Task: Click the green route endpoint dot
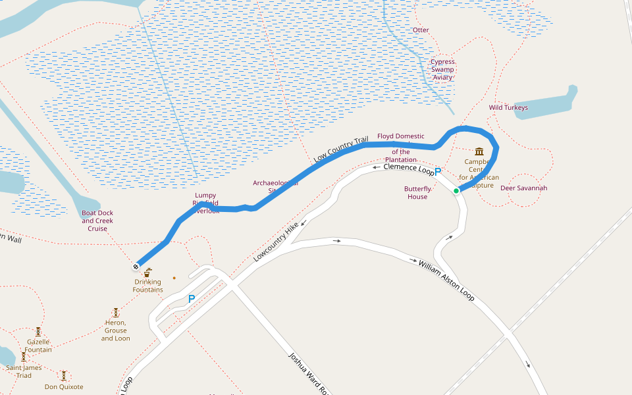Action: pyautogui.click(x=456, y=191)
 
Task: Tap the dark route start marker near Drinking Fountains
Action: pyautogui.click(x=136, y=267)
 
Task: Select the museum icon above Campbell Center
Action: pyautogui.click(x=479, y=151)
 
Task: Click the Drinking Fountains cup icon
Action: pyautogui.click(x=147, y=273)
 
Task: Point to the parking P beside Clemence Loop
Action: pyautogui.click(x=438, y=171)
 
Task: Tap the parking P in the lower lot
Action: pyautogui.click(x=192, y=299)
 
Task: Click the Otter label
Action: pyautogui.click(x=421, y=30)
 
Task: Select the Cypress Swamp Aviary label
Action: pyautogui.click(x=442, y=70)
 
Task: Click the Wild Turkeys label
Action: pyautogui.click(x=508, y=107)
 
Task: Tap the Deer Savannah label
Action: pyautogui.click(x=524, y=188)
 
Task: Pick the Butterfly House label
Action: pyautogui.click(x=417, y=192)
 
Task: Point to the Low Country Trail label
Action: pyautogui.click(x=340, y=149)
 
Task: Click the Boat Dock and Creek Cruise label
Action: pyautogui.click(x=97, y=221)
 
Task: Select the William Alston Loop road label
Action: pyautogui.click(x=446, y=280)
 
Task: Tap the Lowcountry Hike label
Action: pyautogui.click(x=276, y=242)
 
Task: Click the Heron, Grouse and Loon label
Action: pyautogui.click(x=115, y=330)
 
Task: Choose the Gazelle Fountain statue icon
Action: pyautogui.click(x=38, y=332)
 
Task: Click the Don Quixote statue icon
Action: pyautogui.click(x=64, y=375)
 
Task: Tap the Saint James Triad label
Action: pyautogui.click(x=24, y=371)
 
